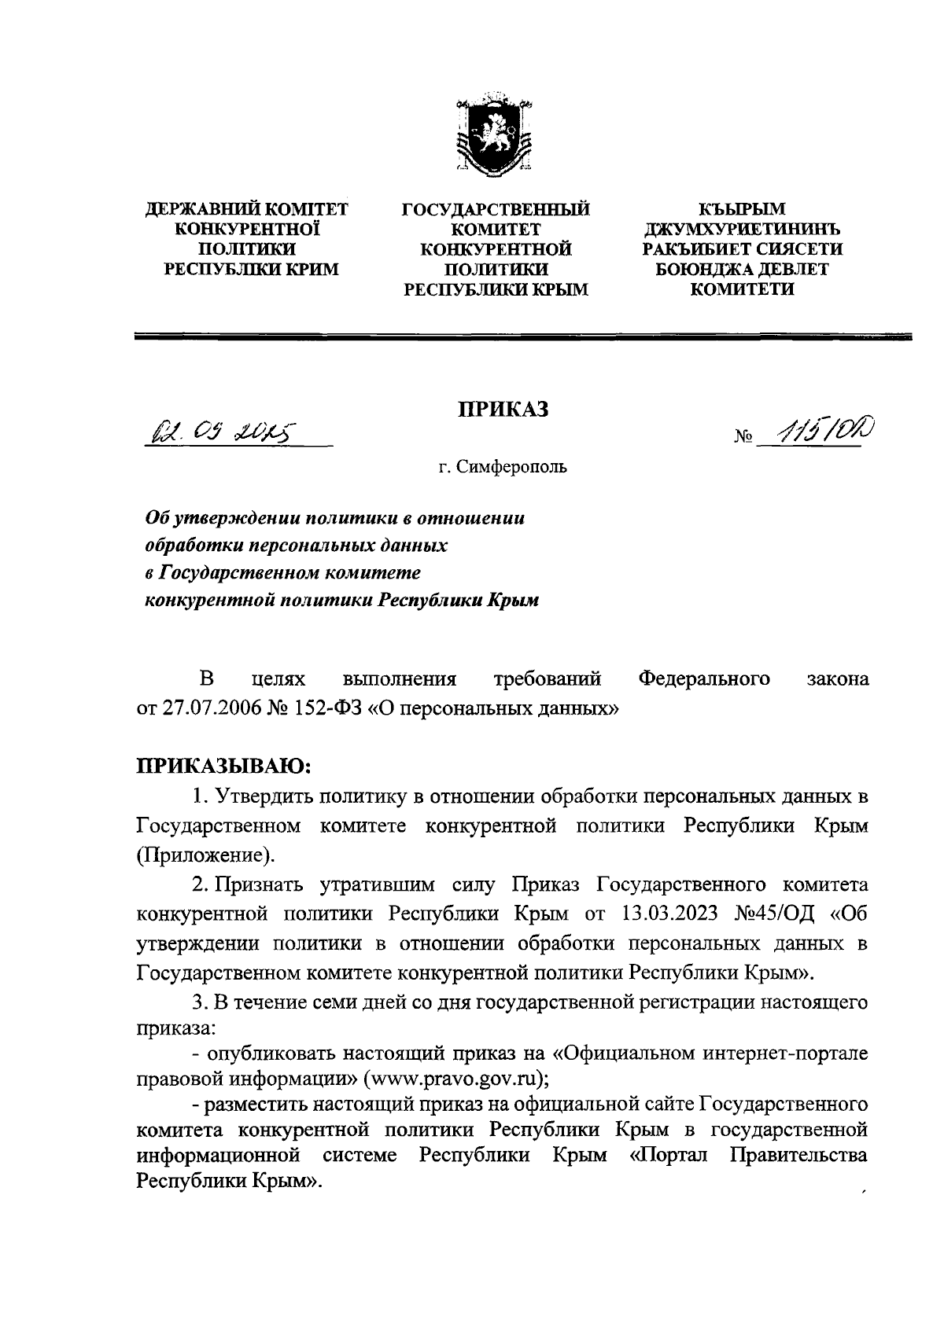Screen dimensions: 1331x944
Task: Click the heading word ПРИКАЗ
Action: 503,410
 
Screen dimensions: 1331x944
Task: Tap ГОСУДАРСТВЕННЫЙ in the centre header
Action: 496,210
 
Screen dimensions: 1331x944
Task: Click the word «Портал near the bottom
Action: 673,1156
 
